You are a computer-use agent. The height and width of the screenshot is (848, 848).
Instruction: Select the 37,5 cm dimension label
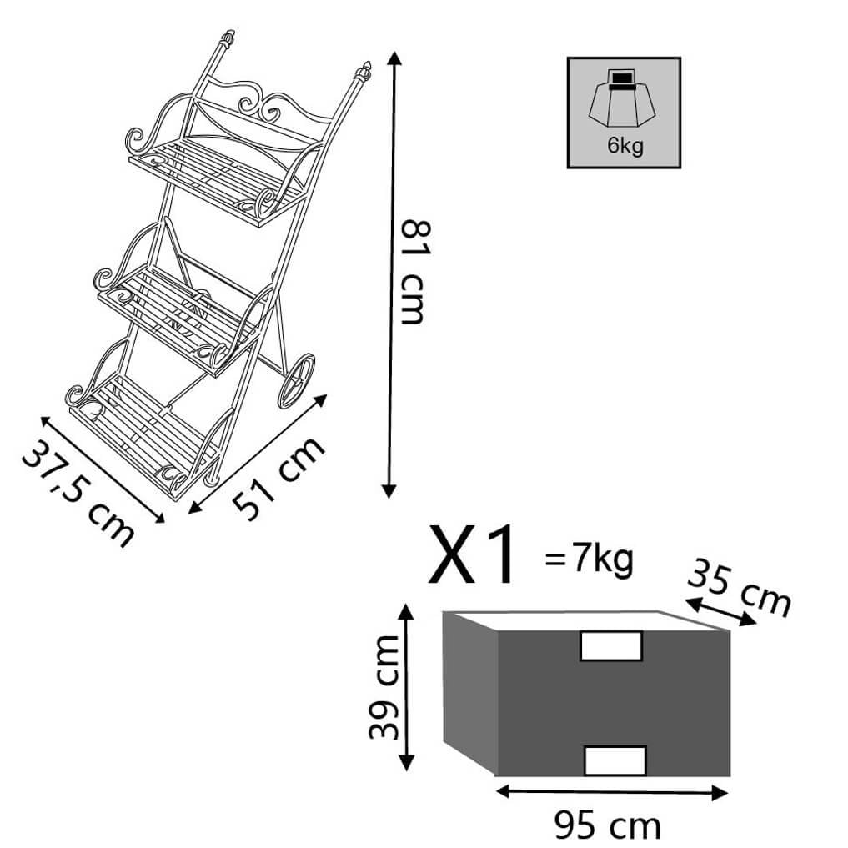[x=78, y=492]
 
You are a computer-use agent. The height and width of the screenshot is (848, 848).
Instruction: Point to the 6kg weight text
[x=625, y=145]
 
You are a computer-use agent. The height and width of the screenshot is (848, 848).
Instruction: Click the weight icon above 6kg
[x=623, y=100]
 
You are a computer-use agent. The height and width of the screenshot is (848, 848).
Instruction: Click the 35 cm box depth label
[x=739, y=588]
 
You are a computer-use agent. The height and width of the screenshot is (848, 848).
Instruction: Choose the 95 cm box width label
[x=607, y=825]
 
